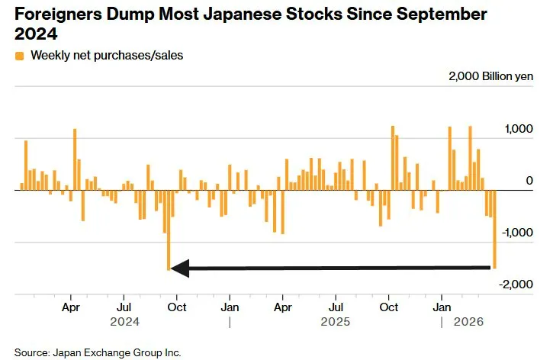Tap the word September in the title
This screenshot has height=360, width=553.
[x=439, y=14]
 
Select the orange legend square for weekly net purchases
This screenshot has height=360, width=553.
[x=19, y=56]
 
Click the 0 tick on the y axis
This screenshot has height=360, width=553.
[x=528, y=181]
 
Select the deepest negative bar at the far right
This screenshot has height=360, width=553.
[x=494, y=229]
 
